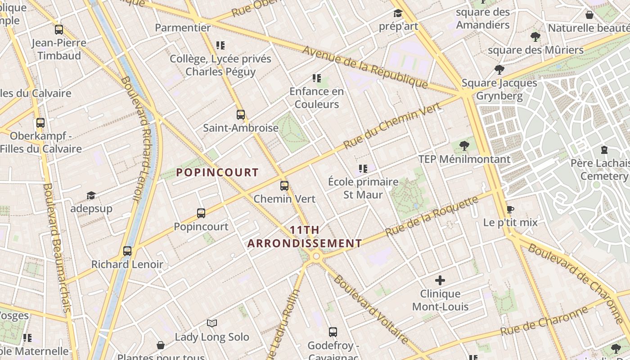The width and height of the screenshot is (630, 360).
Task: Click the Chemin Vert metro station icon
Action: (284, 185)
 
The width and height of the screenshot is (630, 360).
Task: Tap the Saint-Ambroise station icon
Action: (241, 114)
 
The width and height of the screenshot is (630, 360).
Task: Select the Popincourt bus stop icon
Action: (201, 213)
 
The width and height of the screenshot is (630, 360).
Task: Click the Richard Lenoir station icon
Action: (127, 251)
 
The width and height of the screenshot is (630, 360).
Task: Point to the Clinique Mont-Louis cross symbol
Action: (440, 280)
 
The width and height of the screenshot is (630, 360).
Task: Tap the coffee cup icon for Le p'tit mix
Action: (510, 209)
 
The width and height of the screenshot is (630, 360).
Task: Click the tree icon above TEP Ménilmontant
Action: (464, 146)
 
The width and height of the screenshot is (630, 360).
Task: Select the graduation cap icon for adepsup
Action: (91, 195)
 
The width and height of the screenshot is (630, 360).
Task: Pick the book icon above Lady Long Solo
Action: (212, 323)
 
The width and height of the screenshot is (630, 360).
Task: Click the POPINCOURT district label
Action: (217, 172)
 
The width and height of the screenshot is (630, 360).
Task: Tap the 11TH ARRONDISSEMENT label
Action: (305, 237)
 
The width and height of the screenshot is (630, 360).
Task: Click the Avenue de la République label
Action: (364, 67)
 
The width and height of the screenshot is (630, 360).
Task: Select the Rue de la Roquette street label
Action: (432, 216)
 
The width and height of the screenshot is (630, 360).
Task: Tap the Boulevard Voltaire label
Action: (371, 310)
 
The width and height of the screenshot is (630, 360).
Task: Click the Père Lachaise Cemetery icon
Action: (604, 150)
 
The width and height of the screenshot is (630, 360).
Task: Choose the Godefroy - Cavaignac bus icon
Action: (333, 332)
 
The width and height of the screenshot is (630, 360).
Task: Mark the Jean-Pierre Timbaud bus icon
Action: (59, 30)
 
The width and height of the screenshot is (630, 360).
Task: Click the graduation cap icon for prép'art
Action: (398, 13)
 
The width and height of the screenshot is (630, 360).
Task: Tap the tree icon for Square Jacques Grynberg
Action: (499, 69)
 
